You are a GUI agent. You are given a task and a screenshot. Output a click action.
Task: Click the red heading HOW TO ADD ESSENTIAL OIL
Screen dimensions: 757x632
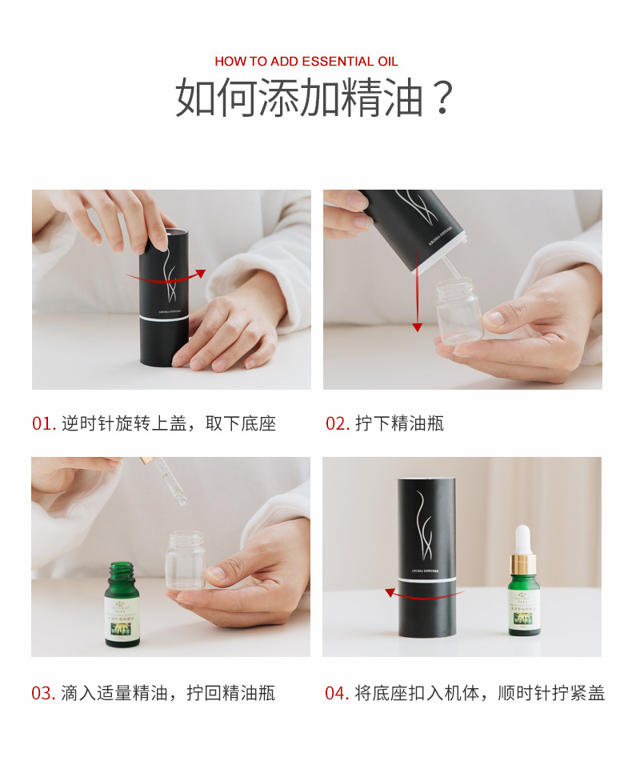306,62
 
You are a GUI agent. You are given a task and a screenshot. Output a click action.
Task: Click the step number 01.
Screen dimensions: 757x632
44,423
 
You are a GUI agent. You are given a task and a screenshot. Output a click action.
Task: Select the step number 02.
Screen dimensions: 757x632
337,423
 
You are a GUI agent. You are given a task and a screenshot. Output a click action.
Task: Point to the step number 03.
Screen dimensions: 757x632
43,693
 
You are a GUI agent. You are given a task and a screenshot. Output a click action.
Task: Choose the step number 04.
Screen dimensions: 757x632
337,693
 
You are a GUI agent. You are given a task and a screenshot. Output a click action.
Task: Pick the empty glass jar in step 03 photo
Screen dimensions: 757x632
185,559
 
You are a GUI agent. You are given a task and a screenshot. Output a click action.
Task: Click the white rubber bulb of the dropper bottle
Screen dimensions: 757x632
523,538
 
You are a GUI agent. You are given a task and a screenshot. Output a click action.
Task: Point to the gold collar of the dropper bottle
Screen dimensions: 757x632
523,563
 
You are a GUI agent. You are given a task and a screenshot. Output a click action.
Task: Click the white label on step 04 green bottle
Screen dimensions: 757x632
524,607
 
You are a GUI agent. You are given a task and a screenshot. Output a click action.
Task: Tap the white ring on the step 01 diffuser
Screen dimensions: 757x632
164,317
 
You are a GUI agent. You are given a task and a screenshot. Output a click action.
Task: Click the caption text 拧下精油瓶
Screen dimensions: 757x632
399,423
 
